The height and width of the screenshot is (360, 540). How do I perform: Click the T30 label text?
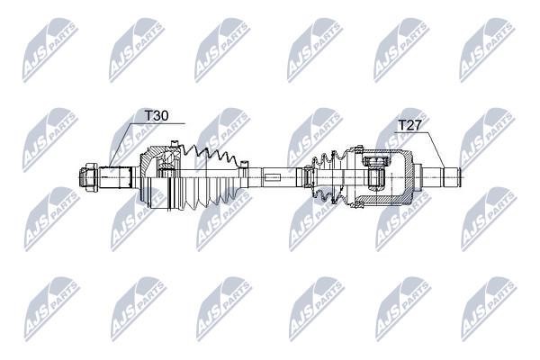[157, 116]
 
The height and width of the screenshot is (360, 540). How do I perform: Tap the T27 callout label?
[409, 125]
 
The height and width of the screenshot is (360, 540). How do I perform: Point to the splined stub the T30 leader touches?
[116, 177]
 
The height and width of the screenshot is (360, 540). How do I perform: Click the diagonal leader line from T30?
[121, 145]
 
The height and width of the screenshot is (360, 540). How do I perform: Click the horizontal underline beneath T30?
[158, 123]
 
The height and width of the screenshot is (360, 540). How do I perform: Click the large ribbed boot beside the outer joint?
[209, 178]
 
